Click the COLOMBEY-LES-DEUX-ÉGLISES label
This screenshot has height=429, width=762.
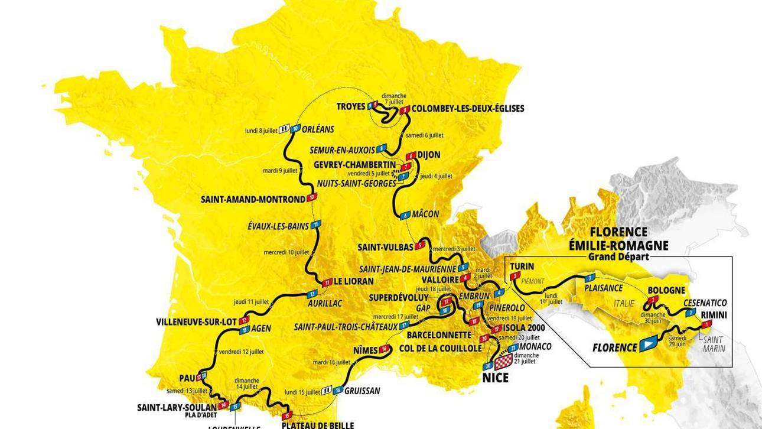coord(467,109)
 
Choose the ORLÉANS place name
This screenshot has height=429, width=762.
coord(318,129)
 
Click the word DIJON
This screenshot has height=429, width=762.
coord(429,155)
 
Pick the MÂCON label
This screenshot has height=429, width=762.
coord(426,214)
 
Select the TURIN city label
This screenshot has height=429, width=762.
coord(522,266)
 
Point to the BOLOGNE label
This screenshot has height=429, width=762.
coord(666,291)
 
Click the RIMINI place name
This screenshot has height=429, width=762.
coord(714,315)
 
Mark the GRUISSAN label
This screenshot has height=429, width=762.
coord(363,391)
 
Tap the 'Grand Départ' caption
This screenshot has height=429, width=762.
coord(618,257)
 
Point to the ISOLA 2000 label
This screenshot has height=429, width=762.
coord(523,328)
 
